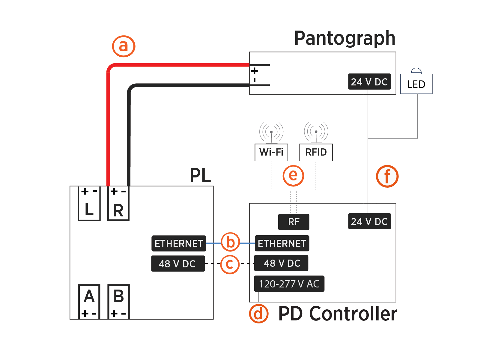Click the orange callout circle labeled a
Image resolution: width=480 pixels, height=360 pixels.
(124, 46)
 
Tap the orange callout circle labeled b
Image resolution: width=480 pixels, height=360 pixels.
(230, 242)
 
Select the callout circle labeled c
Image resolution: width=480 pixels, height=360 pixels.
(230, 264)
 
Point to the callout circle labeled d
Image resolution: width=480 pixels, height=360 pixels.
(258, 314)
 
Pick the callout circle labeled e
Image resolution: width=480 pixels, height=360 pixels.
(293, 175)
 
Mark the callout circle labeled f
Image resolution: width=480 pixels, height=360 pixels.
(387, 176)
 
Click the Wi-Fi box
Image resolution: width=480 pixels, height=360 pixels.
(271, 152)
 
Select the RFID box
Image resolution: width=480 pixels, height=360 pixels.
(316, 152)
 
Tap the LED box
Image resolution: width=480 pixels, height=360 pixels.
(416, 84)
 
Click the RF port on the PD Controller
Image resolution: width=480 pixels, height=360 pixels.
(294, 222)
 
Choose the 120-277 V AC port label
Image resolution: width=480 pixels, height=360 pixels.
(289, 284)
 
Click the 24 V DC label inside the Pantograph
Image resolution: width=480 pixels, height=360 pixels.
(369, 82)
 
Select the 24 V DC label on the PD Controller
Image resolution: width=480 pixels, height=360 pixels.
(369, 222)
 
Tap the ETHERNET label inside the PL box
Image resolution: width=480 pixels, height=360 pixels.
(179, 243)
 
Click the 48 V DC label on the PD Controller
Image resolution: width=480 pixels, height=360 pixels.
(281, 263)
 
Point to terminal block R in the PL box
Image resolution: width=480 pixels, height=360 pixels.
(118, 204)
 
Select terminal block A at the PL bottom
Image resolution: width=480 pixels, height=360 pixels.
(89, 302)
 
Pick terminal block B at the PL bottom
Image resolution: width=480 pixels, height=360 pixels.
(118, 302)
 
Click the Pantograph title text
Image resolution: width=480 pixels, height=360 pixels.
(345, 38)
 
